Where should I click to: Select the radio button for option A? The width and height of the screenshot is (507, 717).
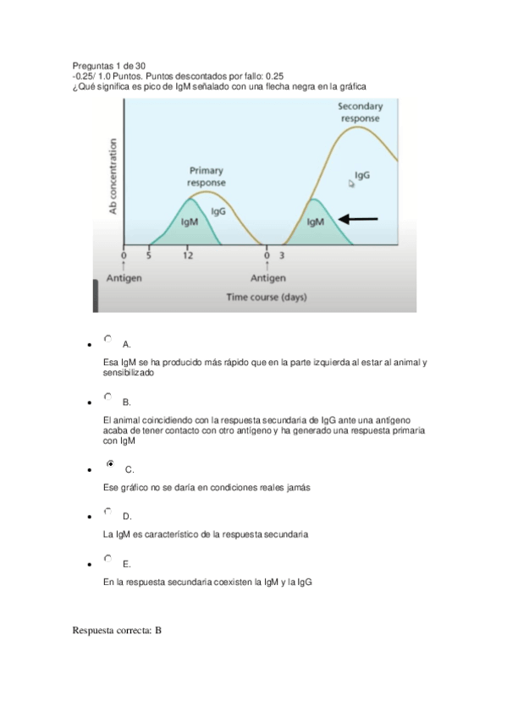(x=107, y=339)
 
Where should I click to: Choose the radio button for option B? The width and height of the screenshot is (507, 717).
(x=107, y=396)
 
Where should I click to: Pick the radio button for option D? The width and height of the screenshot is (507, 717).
(x=107, y=511)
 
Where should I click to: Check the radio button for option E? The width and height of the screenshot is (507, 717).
(x=107, y=558)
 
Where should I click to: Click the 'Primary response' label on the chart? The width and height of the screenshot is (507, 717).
(x=206, y=176)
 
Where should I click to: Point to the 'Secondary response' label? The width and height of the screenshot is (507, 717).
(x=360, y=112)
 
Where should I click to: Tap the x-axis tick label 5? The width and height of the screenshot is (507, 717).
(x=149, y=255)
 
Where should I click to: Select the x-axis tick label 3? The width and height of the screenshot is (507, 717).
(x=281, y=255)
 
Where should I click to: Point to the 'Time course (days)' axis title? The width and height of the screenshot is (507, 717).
(x=267, y=297)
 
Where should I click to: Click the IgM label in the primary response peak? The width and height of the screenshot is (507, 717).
(x=190, y=222)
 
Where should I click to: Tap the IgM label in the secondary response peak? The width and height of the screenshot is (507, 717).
(x=315, y=222)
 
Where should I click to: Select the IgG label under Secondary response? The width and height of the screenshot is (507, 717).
(x=361, y=176)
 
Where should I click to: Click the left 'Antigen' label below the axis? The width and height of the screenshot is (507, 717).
(x=124, y=278)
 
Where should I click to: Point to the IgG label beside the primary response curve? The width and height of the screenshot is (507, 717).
(x=218, y=211)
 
